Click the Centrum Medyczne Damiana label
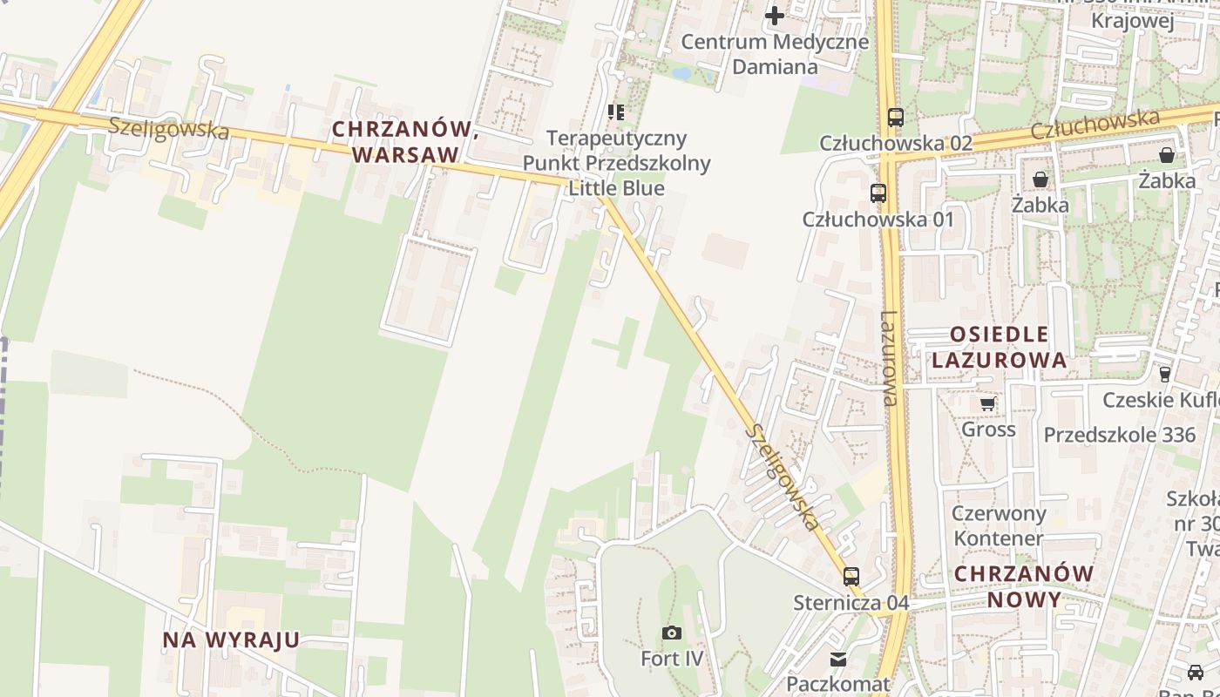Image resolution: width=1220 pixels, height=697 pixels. coord(774,54)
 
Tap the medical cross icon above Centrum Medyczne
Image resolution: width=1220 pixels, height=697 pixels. coord(774,16)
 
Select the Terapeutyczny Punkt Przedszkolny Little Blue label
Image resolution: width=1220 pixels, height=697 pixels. coord(616,163)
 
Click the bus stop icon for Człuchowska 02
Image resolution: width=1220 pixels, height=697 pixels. coord(895,117)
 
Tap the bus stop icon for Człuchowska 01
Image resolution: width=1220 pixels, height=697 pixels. coord(878,193)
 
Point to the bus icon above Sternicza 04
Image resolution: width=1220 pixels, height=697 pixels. coord(851,577)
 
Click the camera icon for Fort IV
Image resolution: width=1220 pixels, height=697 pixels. coord(671,633)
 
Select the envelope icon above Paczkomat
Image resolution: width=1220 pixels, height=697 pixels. coord(837,659)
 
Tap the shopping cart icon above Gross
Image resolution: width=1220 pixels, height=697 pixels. coord(988,404)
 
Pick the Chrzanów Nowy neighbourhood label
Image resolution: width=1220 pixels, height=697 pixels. coord(1024,586)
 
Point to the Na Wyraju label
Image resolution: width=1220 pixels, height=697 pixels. coord(231,640)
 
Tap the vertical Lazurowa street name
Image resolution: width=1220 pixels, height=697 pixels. coord(888,359)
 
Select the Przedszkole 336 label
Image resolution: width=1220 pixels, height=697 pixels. coord(1113,435)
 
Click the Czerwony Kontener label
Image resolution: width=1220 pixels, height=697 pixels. coord(998,525)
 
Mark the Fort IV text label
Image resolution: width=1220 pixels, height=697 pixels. coord(671,659)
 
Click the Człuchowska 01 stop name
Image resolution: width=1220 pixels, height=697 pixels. coord(878,220)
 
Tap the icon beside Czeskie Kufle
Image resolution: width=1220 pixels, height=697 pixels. coord(1165,375)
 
